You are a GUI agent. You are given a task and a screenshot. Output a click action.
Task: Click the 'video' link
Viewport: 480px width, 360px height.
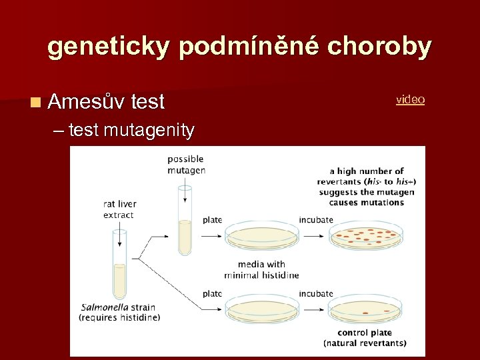[410, 99]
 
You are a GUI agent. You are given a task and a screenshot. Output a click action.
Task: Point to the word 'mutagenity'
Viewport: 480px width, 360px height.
[149, 129]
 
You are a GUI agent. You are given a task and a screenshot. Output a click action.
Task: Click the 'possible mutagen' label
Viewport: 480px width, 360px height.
[186, 164]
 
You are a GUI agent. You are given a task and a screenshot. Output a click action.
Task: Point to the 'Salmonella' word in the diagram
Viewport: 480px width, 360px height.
[106, 307]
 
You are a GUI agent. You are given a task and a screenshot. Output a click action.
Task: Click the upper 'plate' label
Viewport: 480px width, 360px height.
[212, 220]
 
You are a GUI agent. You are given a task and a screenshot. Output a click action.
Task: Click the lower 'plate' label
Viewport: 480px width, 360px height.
[212, 293]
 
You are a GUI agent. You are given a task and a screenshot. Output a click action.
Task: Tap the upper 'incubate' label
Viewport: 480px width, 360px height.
[316, 220]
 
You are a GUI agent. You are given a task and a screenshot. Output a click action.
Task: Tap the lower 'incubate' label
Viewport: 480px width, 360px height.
[316, 293]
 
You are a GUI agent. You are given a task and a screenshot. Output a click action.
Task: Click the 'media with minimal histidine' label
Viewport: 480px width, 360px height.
[261, 269]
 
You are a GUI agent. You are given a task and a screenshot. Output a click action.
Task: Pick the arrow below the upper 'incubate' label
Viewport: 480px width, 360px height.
[313, 235]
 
